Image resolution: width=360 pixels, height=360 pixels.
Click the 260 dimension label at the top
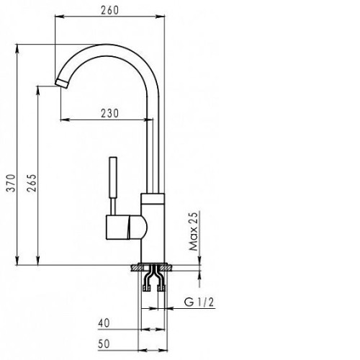109,10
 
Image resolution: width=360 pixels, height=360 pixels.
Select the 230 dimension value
109,113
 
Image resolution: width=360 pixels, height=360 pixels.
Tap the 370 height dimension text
11,183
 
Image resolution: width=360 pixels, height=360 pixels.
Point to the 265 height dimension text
32,183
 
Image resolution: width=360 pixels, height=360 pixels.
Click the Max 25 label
194,232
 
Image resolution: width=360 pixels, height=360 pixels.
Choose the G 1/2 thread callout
199,302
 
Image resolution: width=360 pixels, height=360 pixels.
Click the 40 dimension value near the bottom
104,323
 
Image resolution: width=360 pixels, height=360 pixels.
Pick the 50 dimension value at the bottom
104,344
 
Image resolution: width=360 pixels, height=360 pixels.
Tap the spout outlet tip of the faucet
62,84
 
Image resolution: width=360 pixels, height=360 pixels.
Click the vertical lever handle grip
113,178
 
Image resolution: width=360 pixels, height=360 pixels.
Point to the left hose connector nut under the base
146,288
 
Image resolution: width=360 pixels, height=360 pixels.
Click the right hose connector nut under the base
161,288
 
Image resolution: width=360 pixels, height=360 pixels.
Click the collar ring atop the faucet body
153,198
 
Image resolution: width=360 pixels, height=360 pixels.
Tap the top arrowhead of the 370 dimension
17,49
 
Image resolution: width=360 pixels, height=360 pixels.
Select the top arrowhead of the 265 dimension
37,91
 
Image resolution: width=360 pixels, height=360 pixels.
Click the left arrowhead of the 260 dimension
60,17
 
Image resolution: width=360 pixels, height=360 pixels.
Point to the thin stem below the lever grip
113,207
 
